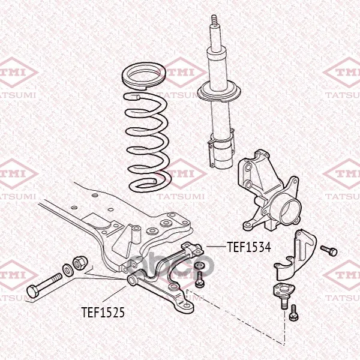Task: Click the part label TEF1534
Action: click(249, 247)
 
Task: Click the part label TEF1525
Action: click(103, 312)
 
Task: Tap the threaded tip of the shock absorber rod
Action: click(214, 20)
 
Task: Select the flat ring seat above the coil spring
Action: click(143, 76)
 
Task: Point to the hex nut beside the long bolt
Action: click(79, 263)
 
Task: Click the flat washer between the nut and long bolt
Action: click(67, 270)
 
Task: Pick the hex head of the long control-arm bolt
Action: click(33, 291)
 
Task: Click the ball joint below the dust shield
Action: click(284, 296)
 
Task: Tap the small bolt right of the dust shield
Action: click(329, 250)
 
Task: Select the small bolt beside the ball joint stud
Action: click(293, 313)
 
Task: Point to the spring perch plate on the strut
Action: click(219, 92)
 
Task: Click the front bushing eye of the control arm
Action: click(132, 280)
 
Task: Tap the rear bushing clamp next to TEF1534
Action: click(192, 249)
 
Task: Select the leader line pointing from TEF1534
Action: click(216, 247)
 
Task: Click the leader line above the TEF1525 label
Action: click(114, 294)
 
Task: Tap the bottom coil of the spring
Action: click(150, 185)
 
